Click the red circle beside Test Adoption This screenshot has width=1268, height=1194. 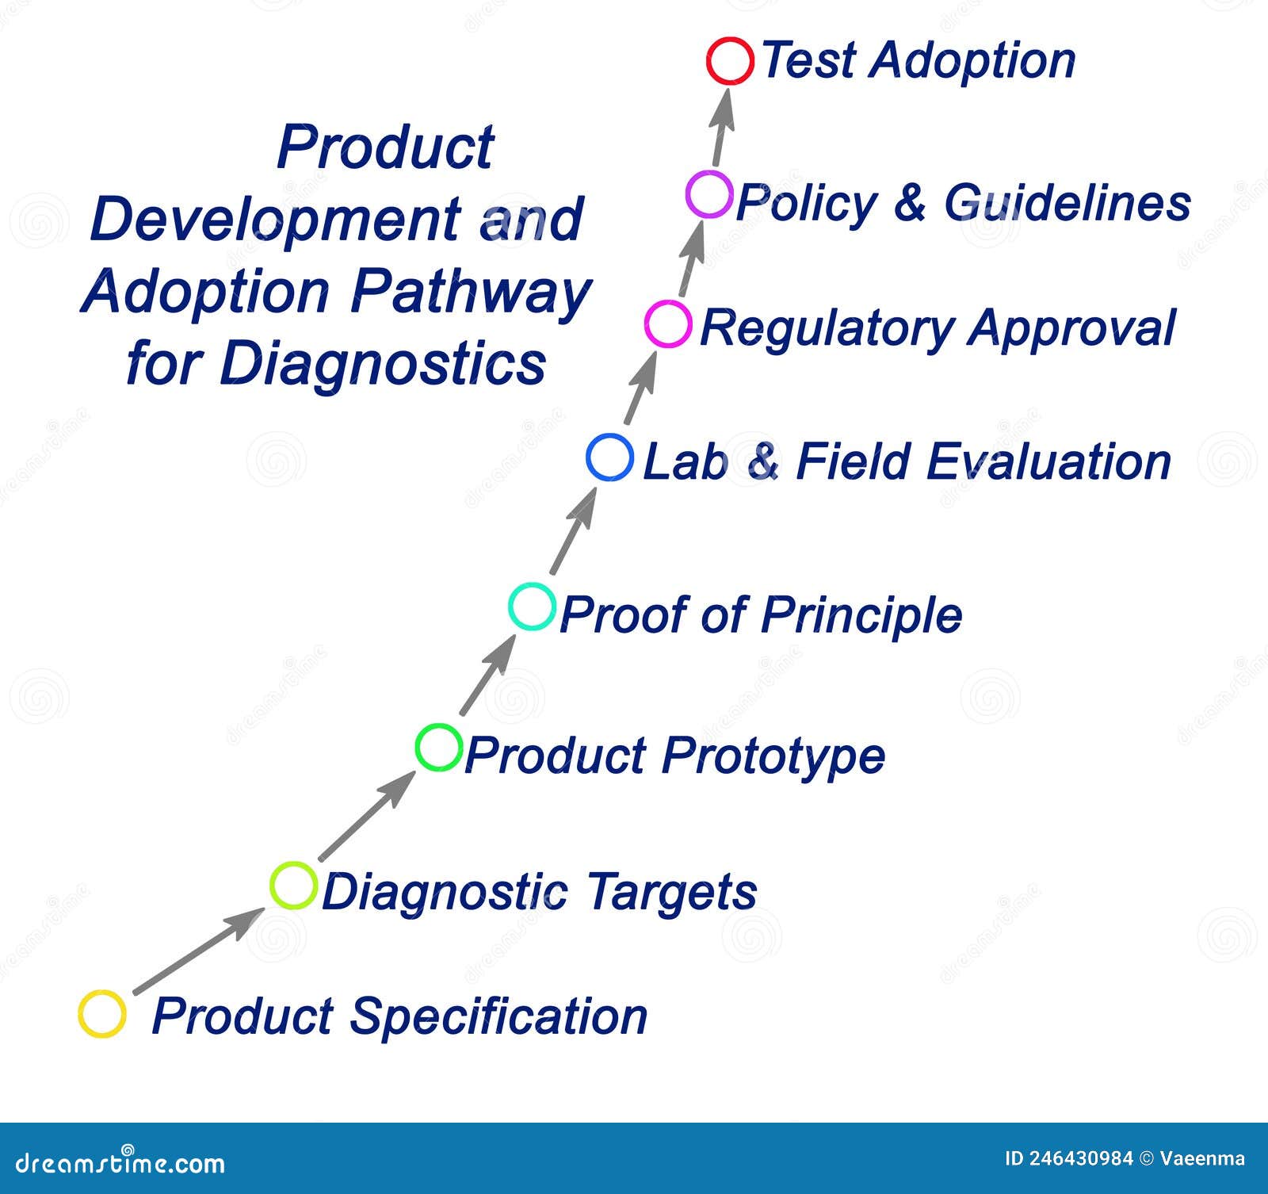pyautogui.click(x=730, y=61)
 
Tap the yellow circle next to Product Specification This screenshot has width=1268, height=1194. pyautogui.click(x=102, y=1013)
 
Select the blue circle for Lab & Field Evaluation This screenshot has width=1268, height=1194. pyautogui.click(x=610, y=457)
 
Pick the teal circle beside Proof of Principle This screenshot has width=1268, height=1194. pyautogui.click(x=532, y=607)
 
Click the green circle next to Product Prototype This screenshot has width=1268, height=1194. pyautogui.click(x=438, y=747)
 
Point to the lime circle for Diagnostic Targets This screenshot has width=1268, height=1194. pyautogui.click(x=293, y=885)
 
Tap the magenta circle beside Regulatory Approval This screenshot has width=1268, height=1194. pyautogui.click(x=668, y=323)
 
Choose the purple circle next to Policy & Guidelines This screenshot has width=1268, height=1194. pyautogui.click(x=709, y=194)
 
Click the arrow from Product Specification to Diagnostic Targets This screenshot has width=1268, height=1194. pyautogui.click(x=198, y=951)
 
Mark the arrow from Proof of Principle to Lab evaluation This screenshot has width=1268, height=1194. pyautogui.click(x=574, y=530)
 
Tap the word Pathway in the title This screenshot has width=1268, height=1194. pyautogui.click(x=471, y=292)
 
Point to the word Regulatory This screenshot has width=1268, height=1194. pyautogui.click(x=827, y=328)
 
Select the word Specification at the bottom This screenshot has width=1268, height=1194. pyautogui.click(x=498, y=1016)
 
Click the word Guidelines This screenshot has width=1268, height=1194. pyautogui.click(x=1067, y=202)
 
